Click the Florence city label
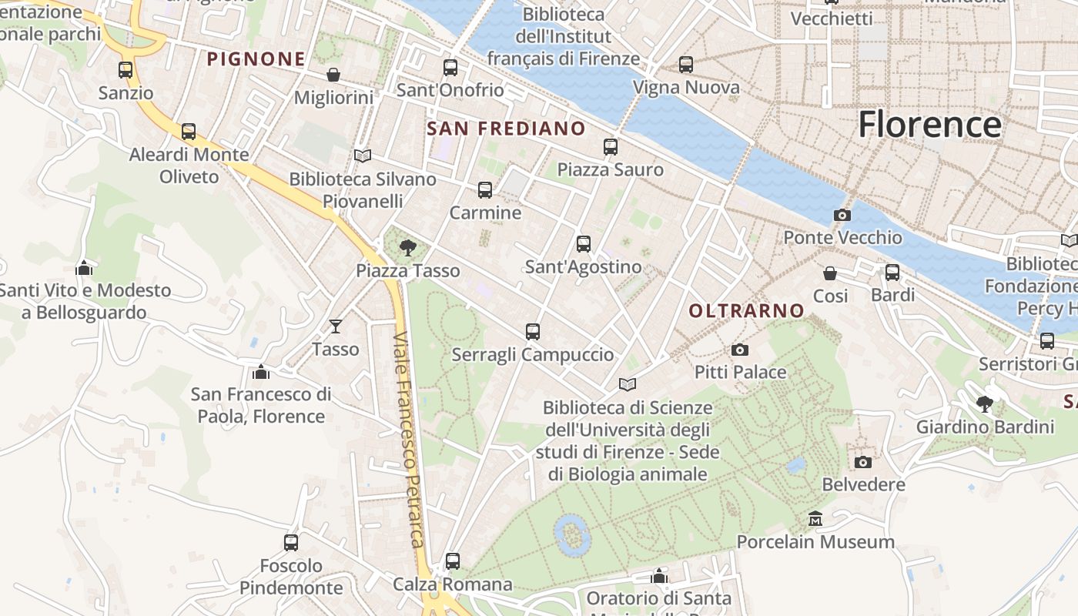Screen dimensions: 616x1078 929,125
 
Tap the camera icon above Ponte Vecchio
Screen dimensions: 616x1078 842,216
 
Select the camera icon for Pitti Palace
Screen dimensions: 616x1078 740,350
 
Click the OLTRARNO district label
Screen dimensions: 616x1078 746,311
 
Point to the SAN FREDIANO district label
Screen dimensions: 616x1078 506,129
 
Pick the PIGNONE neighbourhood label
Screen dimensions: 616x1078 256,59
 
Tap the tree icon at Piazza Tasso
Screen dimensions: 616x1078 408,248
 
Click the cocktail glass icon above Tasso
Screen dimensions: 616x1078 336,326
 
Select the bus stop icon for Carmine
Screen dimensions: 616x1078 485,190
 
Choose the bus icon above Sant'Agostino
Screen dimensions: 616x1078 584,244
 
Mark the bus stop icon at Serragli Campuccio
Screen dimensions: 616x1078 533,332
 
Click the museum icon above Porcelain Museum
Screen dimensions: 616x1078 815,519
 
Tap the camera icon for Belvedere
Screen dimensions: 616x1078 863,462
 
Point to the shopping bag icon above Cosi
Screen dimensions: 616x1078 830,273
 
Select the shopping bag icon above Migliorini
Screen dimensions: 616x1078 333,75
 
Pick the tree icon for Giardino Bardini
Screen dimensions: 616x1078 985,403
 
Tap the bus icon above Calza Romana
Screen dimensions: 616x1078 453,561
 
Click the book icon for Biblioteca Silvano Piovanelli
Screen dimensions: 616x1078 363,156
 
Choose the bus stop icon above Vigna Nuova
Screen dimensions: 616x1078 686,65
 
